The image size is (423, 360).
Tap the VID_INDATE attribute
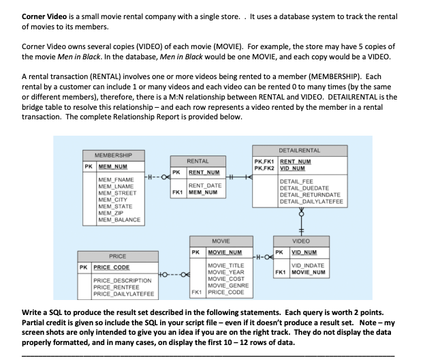[306, 264]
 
